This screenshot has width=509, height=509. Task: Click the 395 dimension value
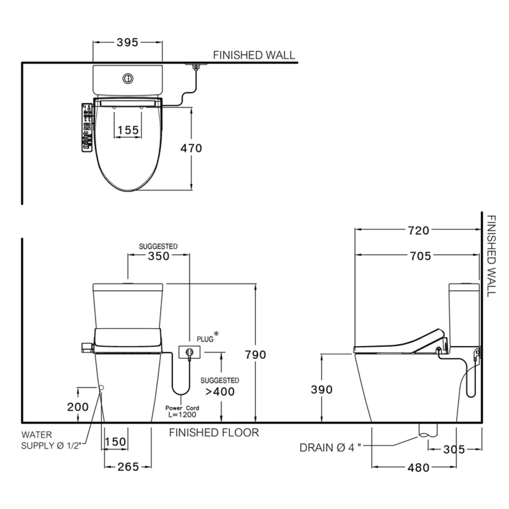[x=128, y=43]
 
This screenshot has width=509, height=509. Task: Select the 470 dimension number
[x=191, y=148]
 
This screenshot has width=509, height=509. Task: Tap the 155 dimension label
[x=128, y=130]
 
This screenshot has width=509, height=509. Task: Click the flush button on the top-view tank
[x=128, y=78]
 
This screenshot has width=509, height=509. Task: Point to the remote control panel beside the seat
[x=87, y=127]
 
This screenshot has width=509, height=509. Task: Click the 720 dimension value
[x=418, y=230]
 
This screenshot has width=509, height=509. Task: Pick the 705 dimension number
[x=420, y=256]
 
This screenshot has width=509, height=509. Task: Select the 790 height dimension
[x=256, y=354]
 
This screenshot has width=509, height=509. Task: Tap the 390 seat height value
[x=322, y=389]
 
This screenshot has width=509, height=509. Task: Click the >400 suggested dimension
[x=220, y=392]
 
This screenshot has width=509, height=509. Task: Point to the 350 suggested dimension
[x=159, y=256]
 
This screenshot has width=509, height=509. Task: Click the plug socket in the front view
[x=189, y=352]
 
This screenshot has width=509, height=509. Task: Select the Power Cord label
[x=182, y=408]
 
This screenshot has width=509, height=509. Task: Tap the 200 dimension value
[x=78, y=406]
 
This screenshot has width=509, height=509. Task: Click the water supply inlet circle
[x=101, y=388]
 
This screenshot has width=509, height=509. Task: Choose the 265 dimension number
[x=128, y=466]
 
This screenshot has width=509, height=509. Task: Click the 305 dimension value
[x=454, y=449]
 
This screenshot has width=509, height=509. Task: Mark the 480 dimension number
[x=418, y=467]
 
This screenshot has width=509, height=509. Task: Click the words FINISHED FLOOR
[x=214, y=433]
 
